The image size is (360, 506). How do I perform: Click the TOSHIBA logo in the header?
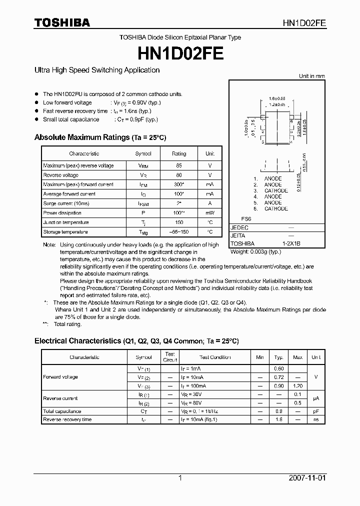pyautogui.click(x=62, y=22)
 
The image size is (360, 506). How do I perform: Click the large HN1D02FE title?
pyautogui.click(x=180, y=52)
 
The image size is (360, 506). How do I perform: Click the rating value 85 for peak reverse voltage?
pyautogui.click(x=179, y=165)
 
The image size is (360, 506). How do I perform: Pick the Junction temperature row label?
pyautogui.click(x=66, y=222)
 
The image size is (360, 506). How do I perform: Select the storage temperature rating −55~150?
pyautogui.click(x=179, y=232)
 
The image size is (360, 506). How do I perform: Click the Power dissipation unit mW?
pyautogui.click(x=210, y=213)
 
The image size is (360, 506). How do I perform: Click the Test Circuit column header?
pyautogui.click(x=170, y=357)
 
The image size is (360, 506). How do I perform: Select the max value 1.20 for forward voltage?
pyautogui.click(x=297, y=386)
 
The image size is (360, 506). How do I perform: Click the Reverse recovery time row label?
pyautogui.click(x=67, y=419)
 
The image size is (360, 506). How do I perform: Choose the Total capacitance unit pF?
pyautogui.click(x=316, y=411)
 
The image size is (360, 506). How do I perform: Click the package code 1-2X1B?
pyautogui.click(x=291, y=243)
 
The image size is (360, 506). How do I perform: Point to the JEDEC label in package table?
pyautogui.click(x=239, y=227)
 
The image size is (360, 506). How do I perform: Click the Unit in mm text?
pyautogui.click(x=311, y=76)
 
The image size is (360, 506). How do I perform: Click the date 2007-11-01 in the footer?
pyautogui.click(x=307, y=478)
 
